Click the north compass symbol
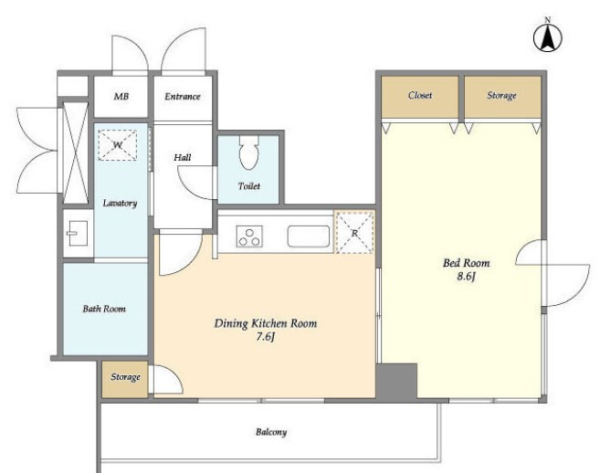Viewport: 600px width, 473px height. (548, 37)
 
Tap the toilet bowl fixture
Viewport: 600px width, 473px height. (249, 152)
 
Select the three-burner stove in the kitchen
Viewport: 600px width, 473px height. (249, 236)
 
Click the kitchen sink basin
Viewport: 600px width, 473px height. (309, 236)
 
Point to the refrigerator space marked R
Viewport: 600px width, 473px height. (354, 232)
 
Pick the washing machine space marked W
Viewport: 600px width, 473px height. (118, 145)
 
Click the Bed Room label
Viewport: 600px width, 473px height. (466, 263)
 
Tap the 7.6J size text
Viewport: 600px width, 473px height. (266, 337)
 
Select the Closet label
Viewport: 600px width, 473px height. (420, 95)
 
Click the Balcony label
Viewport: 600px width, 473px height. (271, 432)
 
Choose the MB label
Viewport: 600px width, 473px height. (121, 97)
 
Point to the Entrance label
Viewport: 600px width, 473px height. (183, 97)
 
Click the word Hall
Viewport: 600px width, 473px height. (182, 157)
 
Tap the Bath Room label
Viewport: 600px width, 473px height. (104, 309)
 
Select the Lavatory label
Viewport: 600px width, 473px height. (120, 203)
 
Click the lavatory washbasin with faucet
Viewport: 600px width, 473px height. (78, 234)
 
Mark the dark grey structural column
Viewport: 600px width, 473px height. (396, 381)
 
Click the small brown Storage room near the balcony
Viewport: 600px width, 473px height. (125, 379)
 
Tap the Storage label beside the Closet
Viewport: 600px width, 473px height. (501, 96)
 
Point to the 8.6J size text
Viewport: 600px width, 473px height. (466, 277)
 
